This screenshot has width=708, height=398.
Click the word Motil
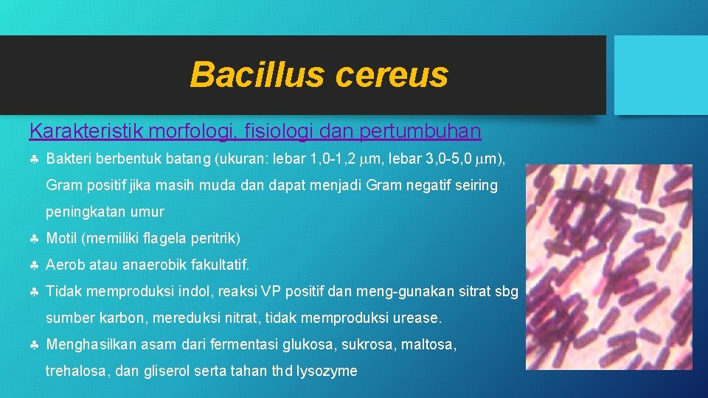click(61, 238)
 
